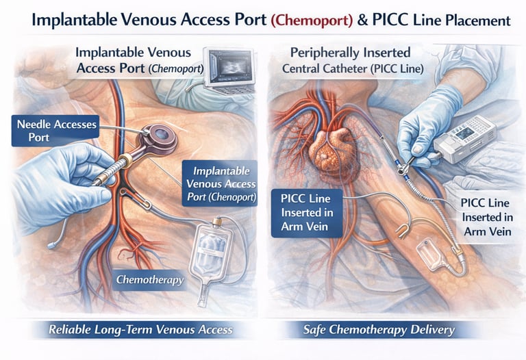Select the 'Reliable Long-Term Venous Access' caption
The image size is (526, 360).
[140, 330]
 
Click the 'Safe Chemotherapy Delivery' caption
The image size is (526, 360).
[379, 330]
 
